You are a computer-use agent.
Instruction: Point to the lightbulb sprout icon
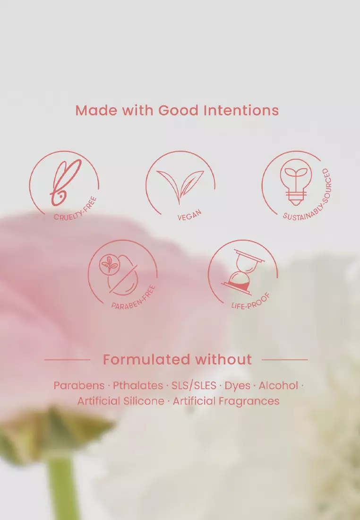pyautogui.click(x=296, y=182)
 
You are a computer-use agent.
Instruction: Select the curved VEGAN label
pyautogui.click(x=190, y=217)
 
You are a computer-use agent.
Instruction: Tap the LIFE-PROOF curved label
pyautogui.click(x=250, y=301)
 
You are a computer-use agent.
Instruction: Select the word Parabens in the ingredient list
pyautogui.click(x=79, y=385)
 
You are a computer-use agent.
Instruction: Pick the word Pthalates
pyautogui.click(x=138, y=385)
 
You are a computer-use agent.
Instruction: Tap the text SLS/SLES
pyautogui.click(x=194, y=385)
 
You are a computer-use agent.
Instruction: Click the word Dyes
pyautogui.click(x=237, y=385)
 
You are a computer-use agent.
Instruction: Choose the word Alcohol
pyautogui.click(x=279, y=385)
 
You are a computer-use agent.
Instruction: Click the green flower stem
pyautogui.click(x=61, y=492)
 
